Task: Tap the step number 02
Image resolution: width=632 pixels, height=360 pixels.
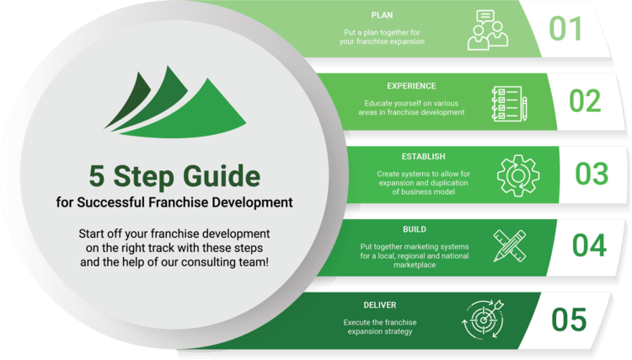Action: (584, 101)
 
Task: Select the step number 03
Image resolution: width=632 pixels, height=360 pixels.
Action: (591, 174)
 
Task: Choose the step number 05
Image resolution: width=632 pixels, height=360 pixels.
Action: (569, 320)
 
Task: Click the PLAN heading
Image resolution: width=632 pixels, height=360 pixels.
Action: (383, 15)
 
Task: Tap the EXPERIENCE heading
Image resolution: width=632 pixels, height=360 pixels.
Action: (411, 86)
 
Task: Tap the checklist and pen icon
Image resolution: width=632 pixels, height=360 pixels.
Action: (509, 103)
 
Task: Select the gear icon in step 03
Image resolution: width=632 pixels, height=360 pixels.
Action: (517, 175)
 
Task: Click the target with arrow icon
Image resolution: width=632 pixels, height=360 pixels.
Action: (481, 319)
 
